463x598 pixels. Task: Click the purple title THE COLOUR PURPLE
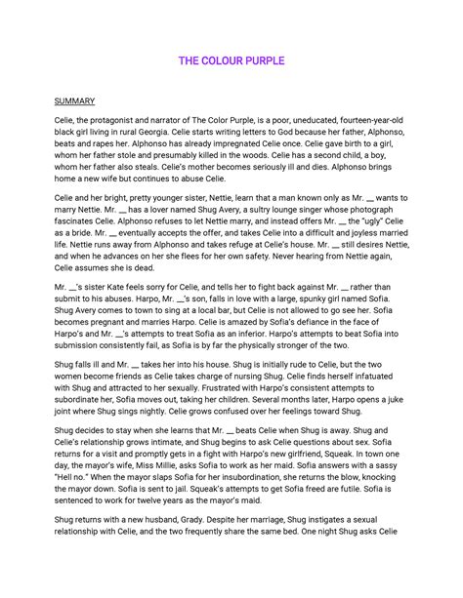[231, 61]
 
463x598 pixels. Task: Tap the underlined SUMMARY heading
[73, 100]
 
